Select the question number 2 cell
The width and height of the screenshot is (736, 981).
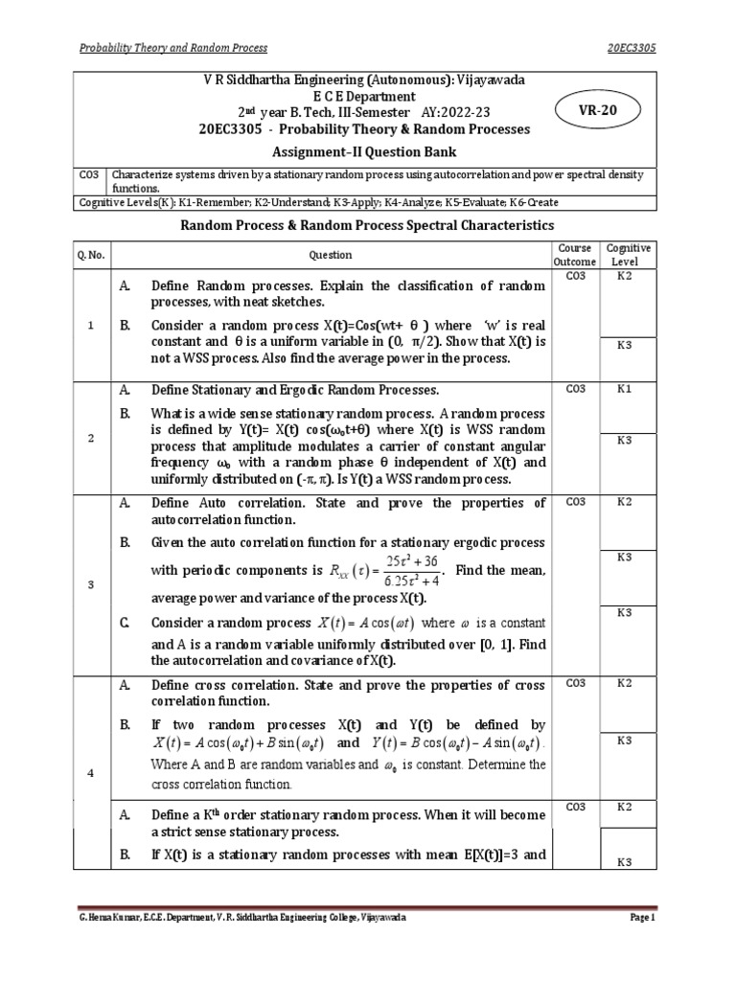[x=89, y=438]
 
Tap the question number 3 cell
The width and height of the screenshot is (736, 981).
[x=89, y=585]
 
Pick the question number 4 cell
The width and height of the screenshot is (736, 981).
[x=89, y=747]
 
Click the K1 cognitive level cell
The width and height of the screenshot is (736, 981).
[x=625, y=390]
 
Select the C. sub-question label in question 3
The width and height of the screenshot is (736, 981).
[x=125, y=623]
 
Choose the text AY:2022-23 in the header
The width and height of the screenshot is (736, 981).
[x=472, y=112]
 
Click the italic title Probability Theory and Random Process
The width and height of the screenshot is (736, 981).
[x=173, y=48]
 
